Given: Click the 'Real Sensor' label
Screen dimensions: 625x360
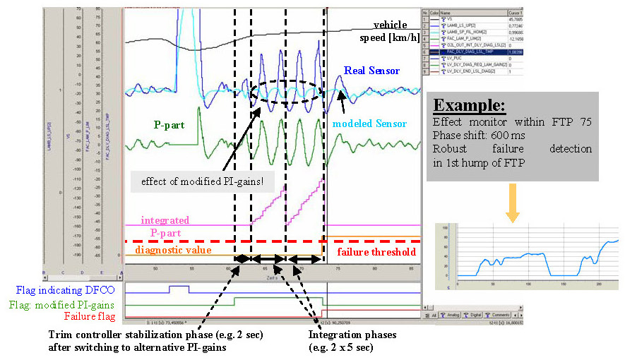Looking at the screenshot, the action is (371, 71).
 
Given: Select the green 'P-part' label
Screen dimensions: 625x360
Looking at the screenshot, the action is (169, 124).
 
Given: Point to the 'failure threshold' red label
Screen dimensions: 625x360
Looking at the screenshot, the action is (376, 251).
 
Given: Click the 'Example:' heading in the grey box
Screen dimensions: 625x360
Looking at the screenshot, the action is (470, 106).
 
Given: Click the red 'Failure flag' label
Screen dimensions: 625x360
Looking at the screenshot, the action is (88, 316).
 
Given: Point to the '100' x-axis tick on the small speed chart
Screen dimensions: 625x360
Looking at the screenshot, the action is (528, 286).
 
